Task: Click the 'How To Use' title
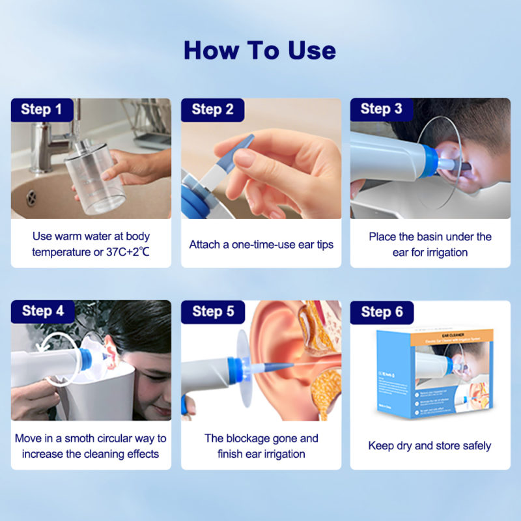[260, 50]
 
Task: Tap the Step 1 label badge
[42, 109]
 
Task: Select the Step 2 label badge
[212, 109]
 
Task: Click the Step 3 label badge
[382, 109]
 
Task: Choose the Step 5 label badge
[213, 312]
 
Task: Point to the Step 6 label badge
[382, 312]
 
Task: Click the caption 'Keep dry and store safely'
[430, 445]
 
